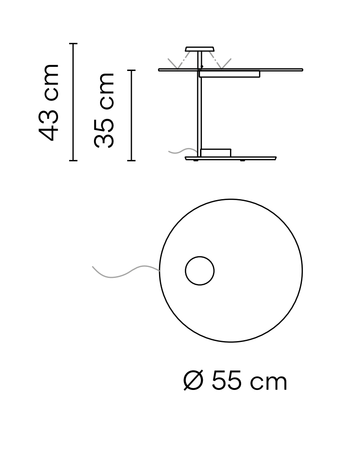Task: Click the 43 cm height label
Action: (x=49, y=102)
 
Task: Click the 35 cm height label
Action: (x=104, y=110)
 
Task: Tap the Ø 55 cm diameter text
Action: (x=235, y=382)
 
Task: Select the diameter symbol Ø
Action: (x=193, y=382)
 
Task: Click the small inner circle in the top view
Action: (x=200, y=271)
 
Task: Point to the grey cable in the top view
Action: (x=124, y=272)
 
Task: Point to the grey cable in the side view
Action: (x=182, y=151)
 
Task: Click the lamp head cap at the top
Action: (x=200, y=49)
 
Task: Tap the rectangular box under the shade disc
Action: (x=230, y=74)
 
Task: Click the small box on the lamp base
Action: (x=216, y=153)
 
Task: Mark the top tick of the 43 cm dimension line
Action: (x=73, y=44)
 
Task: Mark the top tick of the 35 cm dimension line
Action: (x=131, y=71)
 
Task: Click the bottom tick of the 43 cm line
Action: (x=73, y=160)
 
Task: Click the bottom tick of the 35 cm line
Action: (x=131, y=160)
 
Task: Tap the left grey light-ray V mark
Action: (x=176, y=63)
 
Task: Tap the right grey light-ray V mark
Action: (x=224, y=63)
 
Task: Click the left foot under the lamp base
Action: (x=196, y=161)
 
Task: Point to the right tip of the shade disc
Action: (x=302, y=70)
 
